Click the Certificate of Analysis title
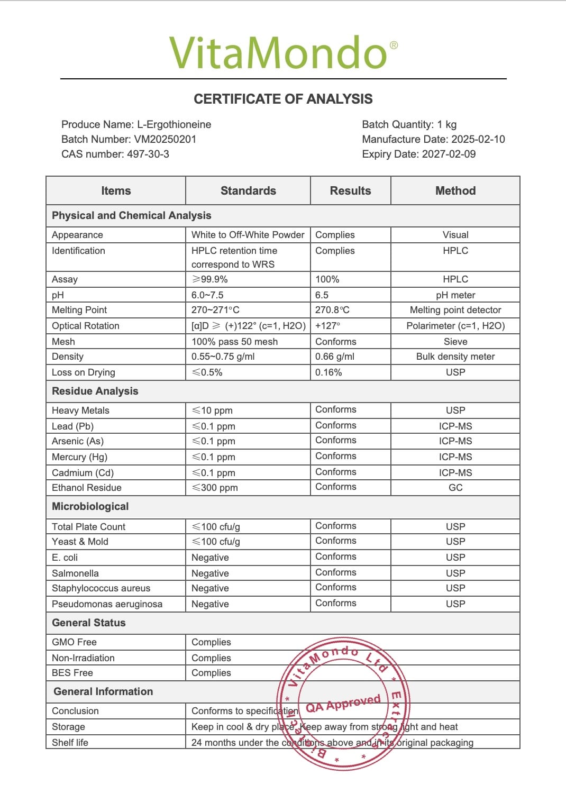coord(283,99)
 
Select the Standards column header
coord(248,191)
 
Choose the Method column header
coord(455,191)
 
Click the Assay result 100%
coord(327,279)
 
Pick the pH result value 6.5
coord(322,295)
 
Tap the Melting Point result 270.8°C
coord(332,310)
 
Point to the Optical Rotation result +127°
coord(328,326)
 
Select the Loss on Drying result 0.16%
coord(328,372)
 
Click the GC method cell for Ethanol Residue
coord(455,488)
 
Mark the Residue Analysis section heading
coord(95,391)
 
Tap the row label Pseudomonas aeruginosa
coord(107,604)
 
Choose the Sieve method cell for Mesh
coord(455,342)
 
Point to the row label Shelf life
coord(70,743)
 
